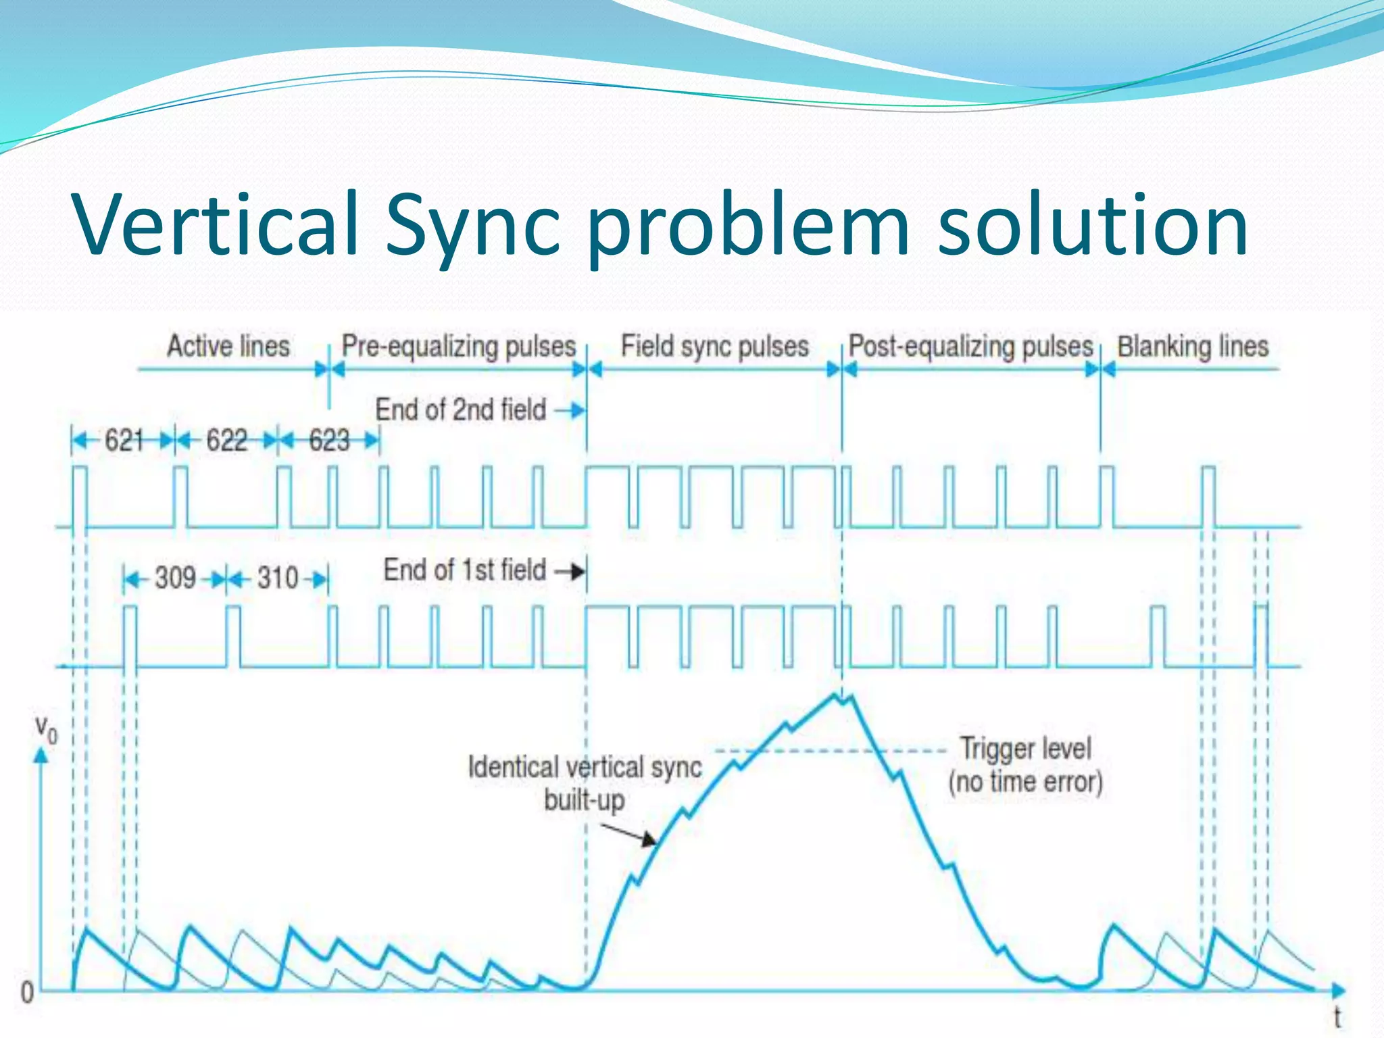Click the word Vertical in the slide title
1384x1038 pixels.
click(x=215, y=224)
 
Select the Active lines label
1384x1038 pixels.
click(x=228, y=346)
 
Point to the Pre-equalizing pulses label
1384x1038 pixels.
click(x=458, y=346)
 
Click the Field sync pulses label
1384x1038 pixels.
click(x=714, y=346)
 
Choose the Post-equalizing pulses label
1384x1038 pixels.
click(x=970, y=346)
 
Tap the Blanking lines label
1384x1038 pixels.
click(x=1193, y=346)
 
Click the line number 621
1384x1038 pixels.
click(x=124, y=441)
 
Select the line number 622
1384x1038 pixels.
click(x=226, y=441)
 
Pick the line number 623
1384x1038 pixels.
click(x=329, y=441)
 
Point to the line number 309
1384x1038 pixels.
click(x=175, y=578)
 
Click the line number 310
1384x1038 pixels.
click(x=277, y=578)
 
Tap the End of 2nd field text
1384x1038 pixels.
click(x=460, y=410)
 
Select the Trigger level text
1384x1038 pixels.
click(x=1025, y=749)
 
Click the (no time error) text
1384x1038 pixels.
click(x=1025, y=782)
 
